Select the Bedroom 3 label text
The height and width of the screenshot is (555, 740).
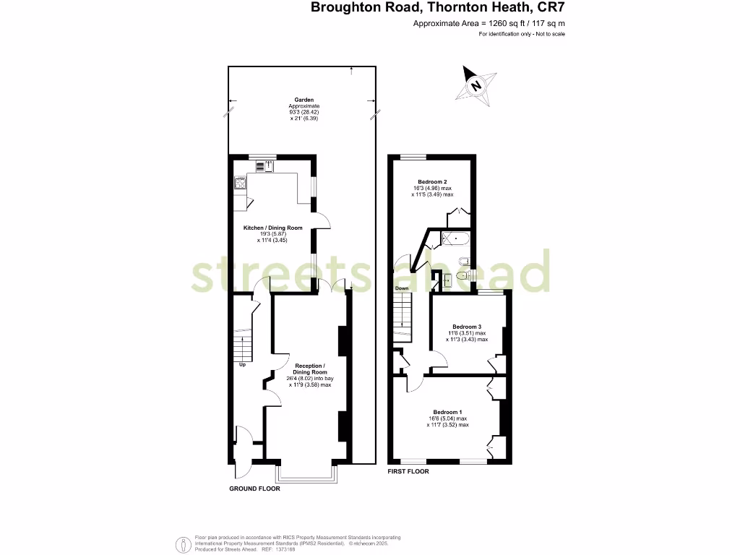click(467, 326)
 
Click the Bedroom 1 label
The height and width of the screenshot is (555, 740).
click(447, 411)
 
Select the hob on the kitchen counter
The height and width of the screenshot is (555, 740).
click(239, 184)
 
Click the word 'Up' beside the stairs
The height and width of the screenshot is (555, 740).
click(242, 365)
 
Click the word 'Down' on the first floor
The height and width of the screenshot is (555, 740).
click(401, 288)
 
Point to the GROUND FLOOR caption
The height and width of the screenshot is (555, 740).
click(254, 489)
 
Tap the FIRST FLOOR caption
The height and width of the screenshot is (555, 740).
click(408, 471)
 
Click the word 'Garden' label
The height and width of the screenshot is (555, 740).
click(304, 100)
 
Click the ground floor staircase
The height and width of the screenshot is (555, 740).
click(243, 343)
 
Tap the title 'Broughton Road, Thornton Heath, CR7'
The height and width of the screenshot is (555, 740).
click(438, 8)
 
